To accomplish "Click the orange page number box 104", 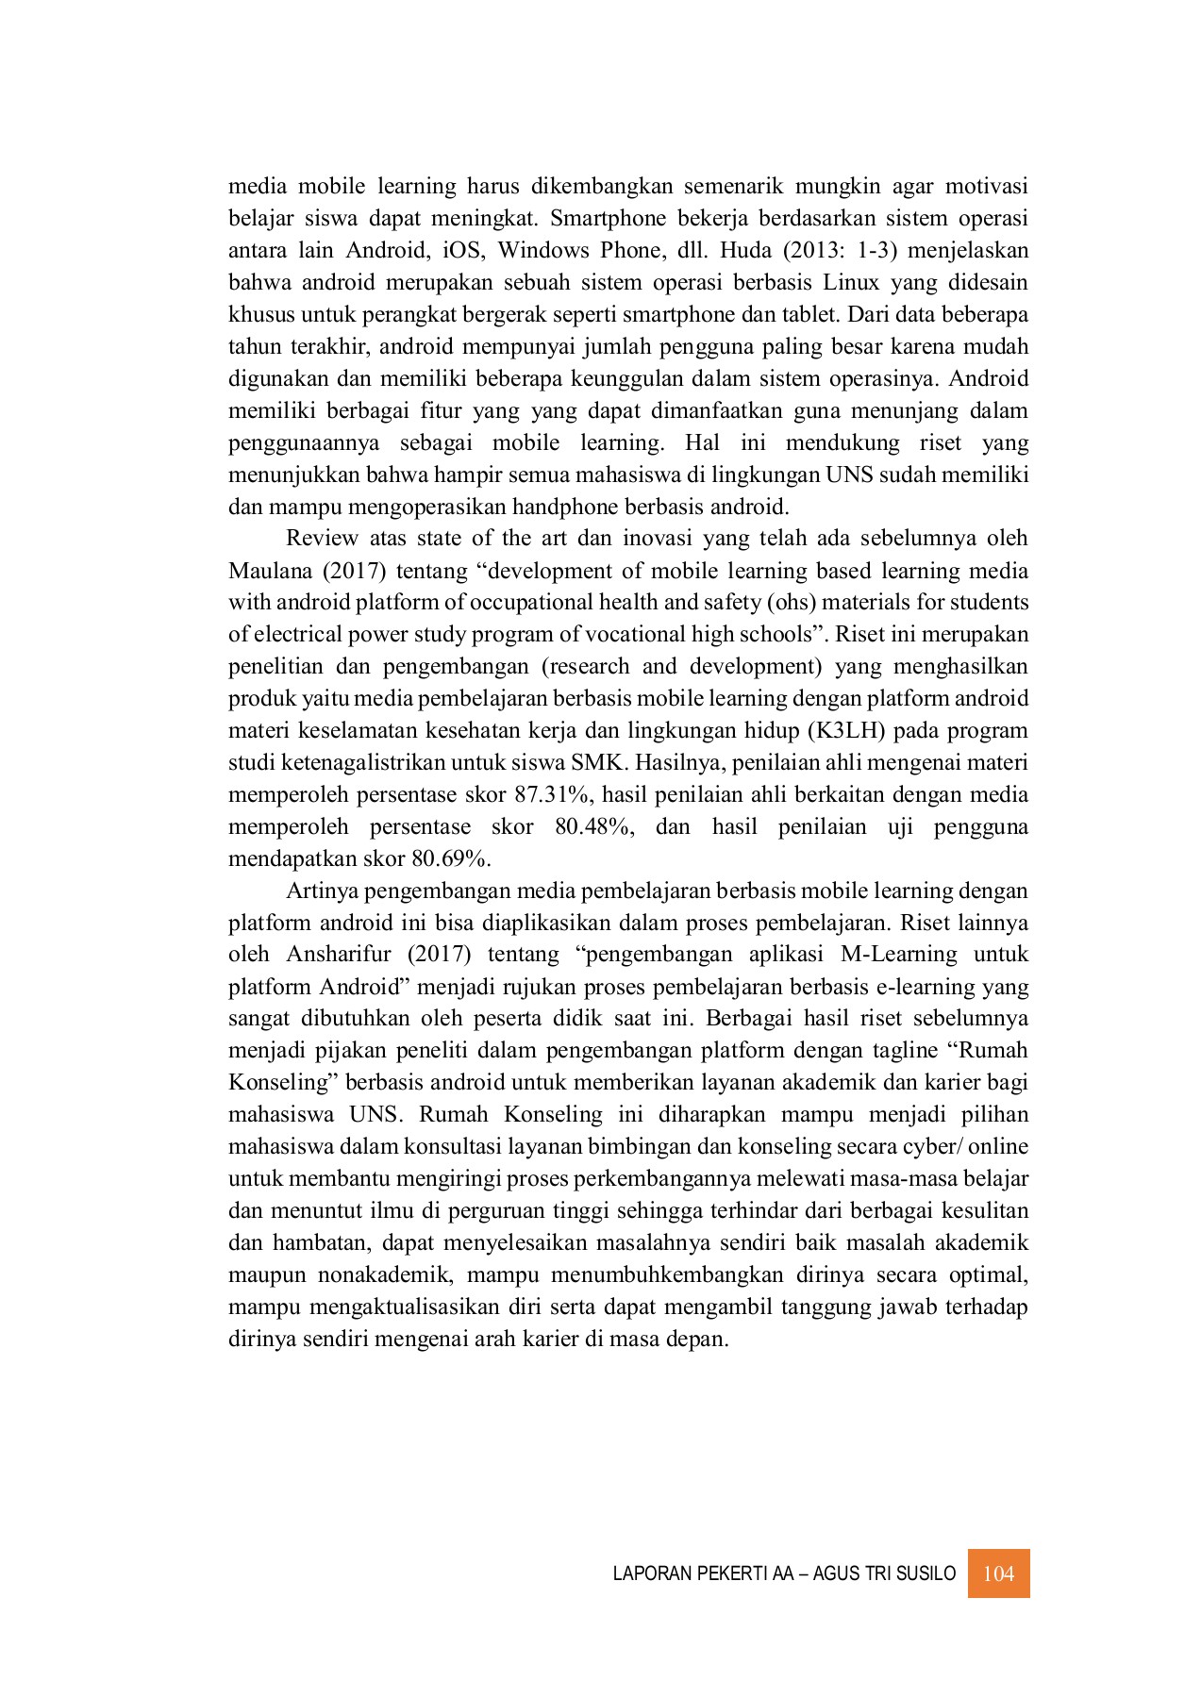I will coord(998,1573).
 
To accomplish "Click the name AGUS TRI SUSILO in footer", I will coord(892,1574).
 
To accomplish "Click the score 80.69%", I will coord(452,859).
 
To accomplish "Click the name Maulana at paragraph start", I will coord(268,572).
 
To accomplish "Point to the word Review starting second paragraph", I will coord(322,539).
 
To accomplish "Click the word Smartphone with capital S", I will coord(603,219).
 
